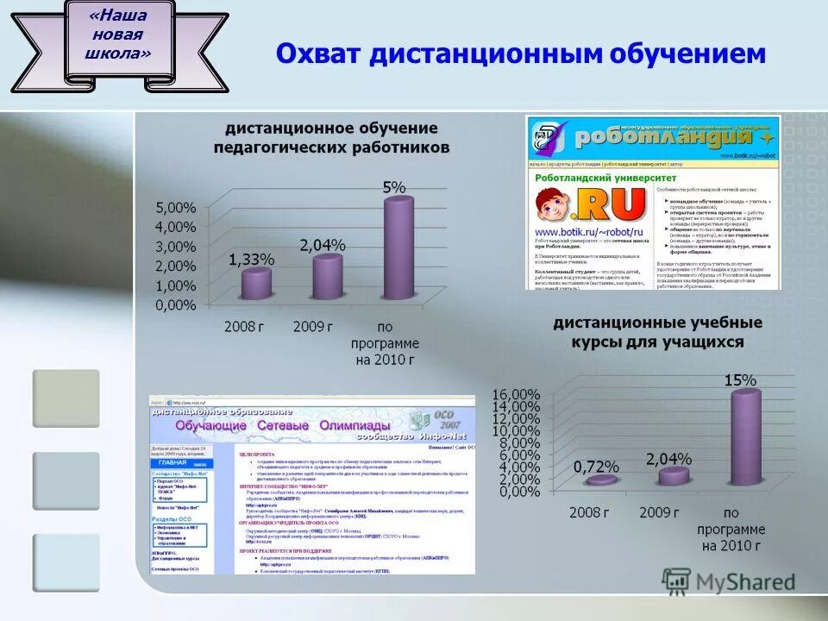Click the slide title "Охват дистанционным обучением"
(520, 53)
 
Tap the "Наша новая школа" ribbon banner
(119, 42)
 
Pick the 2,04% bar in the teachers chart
(327, 276)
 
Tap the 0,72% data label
(596, 466)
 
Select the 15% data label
(740, 379)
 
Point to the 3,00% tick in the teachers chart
(176, 247)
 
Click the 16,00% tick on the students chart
(515, 395)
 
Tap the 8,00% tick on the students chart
(517, 443)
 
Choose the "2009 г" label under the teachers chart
(313, 327)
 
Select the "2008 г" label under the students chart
(588, 512)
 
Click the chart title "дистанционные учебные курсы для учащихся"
(657, 332)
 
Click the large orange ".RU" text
(612, 204)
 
